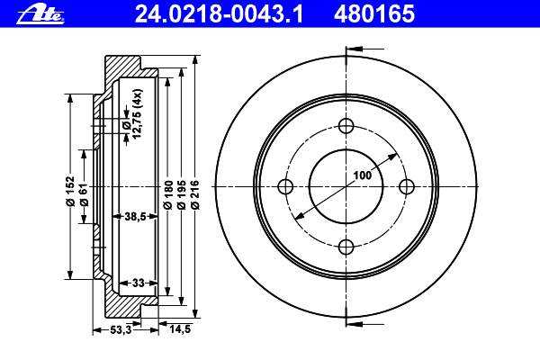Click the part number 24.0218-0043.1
point(219,14)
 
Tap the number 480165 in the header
point(374,14)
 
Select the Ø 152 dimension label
point(70,191)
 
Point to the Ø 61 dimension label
point(84,194)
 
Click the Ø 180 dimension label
point(167,194)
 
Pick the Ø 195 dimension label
point(182,194)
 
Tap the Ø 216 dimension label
point(195,194)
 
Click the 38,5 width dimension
point(135,216)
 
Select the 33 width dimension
point(138,283)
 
